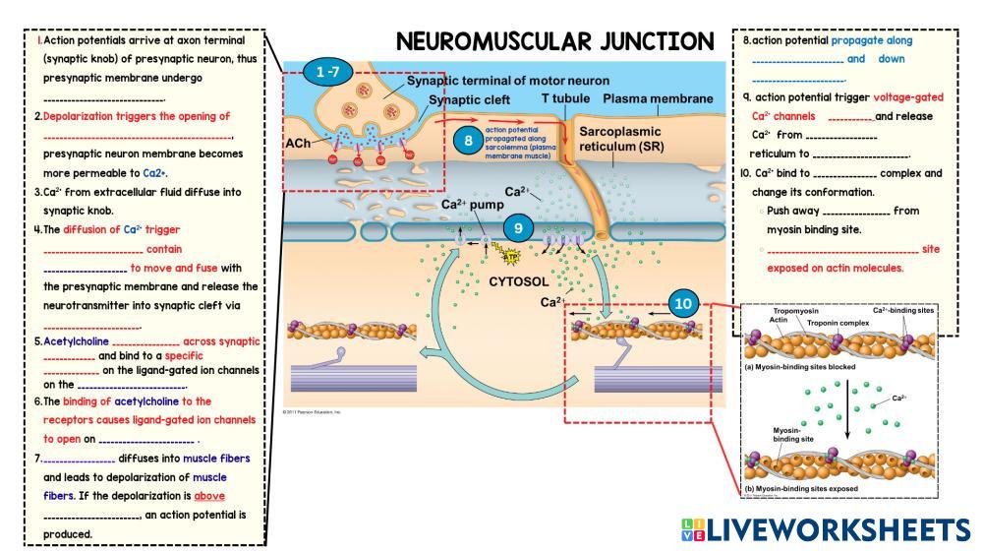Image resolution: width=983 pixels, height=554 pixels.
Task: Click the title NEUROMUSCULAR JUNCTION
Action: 554,42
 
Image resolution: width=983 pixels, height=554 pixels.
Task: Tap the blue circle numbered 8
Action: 469,140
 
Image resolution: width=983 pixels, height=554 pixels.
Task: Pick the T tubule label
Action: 565,99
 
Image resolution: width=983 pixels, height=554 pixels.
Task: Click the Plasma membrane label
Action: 658,99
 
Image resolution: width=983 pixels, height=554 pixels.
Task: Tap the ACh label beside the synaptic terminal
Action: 299,143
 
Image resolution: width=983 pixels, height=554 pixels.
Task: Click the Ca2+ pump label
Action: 472,205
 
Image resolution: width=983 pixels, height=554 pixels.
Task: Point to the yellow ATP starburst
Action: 511,258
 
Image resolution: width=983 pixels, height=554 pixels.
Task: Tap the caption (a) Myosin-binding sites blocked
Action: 799,366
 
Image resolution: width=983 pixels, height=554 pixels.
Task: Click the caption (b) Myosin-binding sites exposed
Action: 799,488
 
